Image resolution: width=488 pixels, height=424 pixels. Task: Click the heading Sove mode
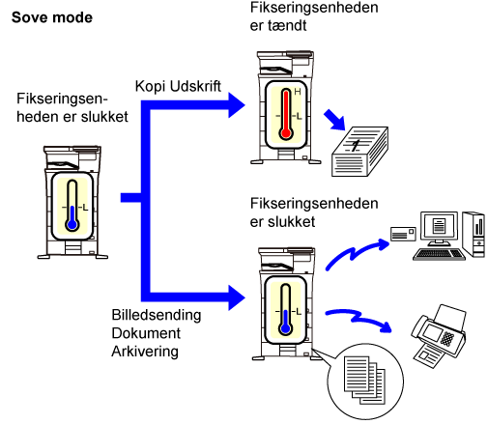pyautogui.click(x=52, y=17)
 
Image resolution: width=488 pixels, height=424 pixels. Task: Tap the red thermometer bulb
pyautogui.click(x=286, y=133)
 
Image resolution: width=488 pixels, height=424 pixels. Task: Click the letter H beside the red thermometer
pyautogui.click(x=298, y=92)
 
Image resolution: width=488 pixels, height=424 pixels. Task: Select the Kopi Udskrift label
pyautogui.click(x=178, y=86)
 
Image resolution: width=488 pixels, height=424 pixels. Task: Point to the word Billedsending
pyautogui.click(x=157, y=315)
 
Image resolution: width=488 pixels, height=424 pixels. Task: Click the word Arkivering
pyautogui.click(x=145, y=352)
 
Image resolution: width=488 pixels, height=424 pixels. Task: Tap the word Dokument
pyautogui.click(x=146, y=333)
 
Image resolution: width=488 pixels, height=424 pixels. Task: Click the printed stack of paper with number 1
pyautogui.click(x=359, y=152)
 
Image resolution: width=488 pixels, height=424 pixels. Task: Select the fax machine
pyautogui.click(x=439, y=335)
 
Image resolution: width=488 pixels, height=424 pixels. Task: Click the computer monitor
pyautogui.click(x=439, y=228)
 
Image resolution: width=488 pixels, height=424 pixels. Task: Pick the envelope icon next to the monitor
pyautogui.click(x=403, y=234)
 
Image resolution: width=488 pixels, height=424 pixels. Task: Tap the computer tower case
pyautogui.click(x=474, y=234)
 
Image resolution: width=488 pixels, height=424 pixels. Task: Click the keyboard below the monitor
pyautogui.click(x=439, y=254)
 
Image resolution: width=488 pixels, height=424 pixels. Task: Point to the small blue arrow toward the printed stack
pyautogui.click(x=334, y=120)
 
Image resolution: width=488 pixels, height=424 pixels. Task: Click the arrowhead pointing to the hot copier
pyautogui.click(x=237, y=105)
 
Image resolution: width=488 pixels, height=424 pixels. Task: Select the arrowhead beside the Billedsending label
pyautogui.click(x=237, y=297)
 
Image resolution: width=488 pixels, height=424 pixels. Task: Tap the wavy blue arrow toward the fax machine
pyautogui.click(x=359, y=318)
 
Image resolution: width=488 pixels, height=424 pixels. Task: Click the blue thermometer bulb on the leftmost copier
pyautogui.click(x=72, y=224)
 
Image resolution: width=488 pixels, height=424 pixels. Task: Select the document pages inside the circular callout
pyautogui.click(x=364, y=380)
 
